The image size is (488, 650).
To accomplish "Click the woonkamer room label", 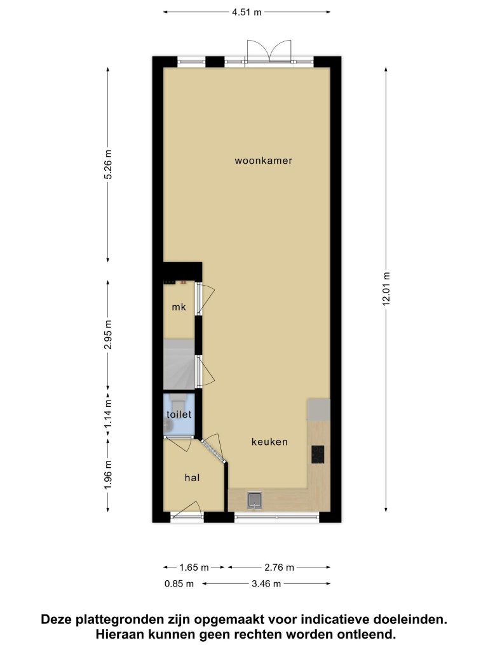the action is coord(264,161).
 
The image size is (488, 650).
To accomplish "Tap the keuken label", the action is coord(269,442).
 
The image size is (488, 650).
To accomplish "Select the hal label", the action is coord(192,477).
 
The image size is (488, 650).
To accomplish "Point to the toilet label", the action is coord(179,414).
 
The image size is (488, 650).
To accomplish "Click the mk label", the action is coord(179,307).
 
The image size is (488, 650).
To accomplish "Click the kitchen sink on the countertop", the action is coord(254,500).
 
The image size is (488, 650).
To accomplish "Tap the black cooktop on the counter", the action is coord(318,454).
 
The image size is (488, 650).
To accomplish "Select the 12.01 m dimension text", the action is coord(386,289).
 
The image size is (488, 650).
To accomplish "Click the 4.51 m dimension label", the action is coord(247,12).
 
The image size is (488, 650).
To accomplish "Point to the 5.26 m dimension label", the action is coord(108,164).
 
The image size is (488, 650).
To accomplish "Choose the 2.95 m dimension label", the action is coord(108,335).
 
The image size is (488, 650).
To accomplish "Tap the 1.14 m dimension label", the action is coord(108,415).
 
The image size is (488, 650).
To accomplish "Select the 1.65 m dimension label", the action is coord(194,567).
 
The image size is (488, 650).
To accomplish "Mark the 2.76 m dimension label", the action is coord(280,567).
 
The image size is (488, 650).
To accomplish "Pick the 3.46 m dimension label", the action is coord(266,584).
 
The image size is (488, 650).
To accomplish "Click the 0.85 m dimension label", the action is coord(179,584).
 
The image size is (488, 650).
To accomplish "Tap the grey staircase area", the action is coord(179,364).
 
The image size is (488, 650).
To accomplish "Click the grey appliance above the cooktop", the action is coord(319,409).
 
